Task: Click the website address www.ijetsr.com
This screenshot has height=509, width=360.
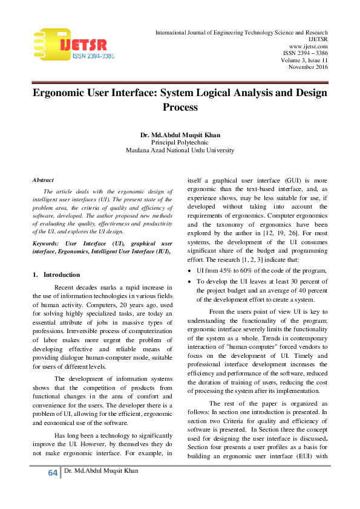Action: (309, 46)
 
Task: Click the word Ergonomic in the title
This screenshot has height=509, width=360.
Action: (64, 93)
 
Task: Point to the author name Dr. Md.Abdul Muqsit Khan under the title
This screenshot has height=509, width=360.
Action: (180, 134)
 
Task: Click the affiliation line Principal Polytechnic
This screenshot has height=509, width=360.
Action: (180, 141)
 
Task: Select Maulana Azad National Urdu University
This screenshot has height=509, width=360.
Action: (180, 150)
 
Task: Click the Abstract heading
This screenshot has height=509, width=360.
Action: (43, 180)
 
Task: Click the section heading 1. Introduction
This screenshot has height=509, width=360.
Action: (57, 274)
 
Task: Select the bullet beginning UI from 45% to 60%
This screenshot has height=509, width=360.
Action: (262, 270)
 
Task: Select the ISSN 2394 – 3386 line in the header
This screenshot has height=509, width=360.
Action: (306, 53)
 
